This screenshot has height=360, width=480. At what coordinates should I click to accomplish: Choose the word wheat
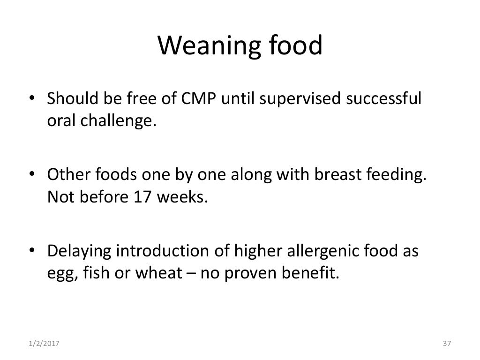click(166, 273)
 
